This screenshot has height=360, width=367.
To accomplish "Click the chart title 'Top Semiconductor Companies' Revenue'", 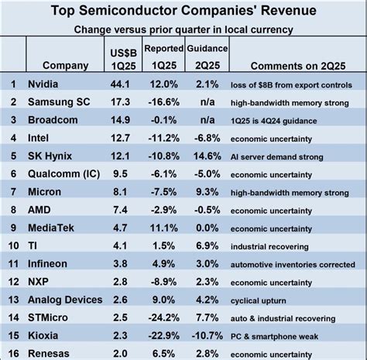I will click(x=183, y=12).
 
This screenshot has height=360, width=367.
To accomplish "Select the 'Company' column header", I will click(x=65, y=65).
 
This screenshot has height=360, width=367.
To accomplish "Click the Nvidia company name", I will click(x=44, y=83).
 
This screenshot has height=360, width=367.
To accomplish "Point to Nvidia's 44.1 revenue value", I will click(x=120, y=83).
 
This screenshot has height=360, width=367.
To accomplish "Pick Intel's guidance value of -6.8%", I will click(x=204, y=136).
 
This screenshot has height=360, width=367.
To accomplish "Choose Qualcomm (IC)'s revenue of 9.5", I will click(x=120, y=172).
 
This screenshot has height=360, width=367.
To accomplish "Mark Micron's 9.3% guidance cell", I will click(x=204, y=190).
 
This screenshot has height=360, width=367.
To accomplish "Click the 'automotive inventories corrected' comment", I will click(x=295, y=261).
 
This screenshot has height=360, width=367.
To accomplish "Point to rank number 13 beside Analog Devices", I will click(x=12, y=297).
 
